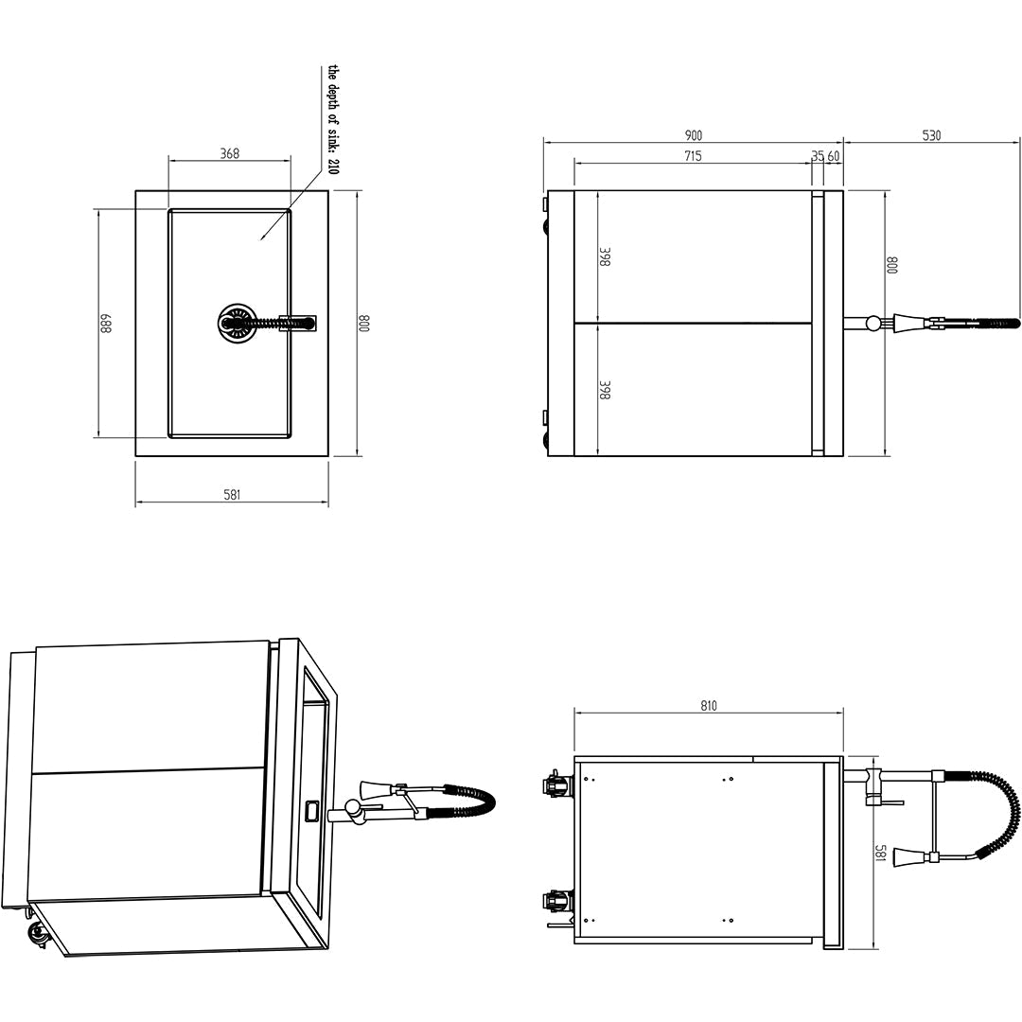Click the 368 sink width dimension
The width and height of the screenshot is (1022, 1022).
(x=229, y=153)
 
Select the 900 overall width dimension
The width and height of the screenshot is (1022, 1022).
(x=693, y=135)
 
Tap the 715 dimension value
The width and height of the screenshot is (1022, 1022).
(x=693, y=156)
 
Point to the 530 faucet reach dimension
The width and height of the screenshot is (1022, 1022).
(x=931, y=135)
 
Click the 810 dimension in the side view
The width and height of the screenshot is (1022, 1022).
(x=709, y=705)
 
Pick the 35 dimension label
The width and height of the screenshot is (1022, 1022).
(x=818, y=156)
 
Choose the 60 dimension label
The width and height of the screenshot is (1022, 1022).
(x=834, y=156)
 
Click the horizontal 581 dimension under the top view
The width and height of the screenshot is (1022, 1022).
(x=232, y=494)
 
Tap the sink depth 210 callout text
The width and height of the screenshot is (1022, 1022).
(x=332, y=119)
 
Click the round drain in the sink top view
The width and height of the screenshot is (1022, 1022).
(x=237, y=323)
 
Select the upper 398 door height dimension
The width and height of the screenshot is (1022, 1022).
(x=605, y=256)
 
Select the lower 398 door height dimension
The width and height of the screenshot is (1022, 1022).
(x=605, y=390)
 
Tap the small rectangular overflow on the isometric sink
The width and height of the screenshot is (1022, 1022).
(x=310, y=810)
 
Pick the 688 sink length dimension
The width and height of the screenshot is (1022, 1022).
(x=106, y=324)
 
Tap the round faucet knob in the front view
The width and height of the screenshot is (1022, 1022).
(x=872, y=324)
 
